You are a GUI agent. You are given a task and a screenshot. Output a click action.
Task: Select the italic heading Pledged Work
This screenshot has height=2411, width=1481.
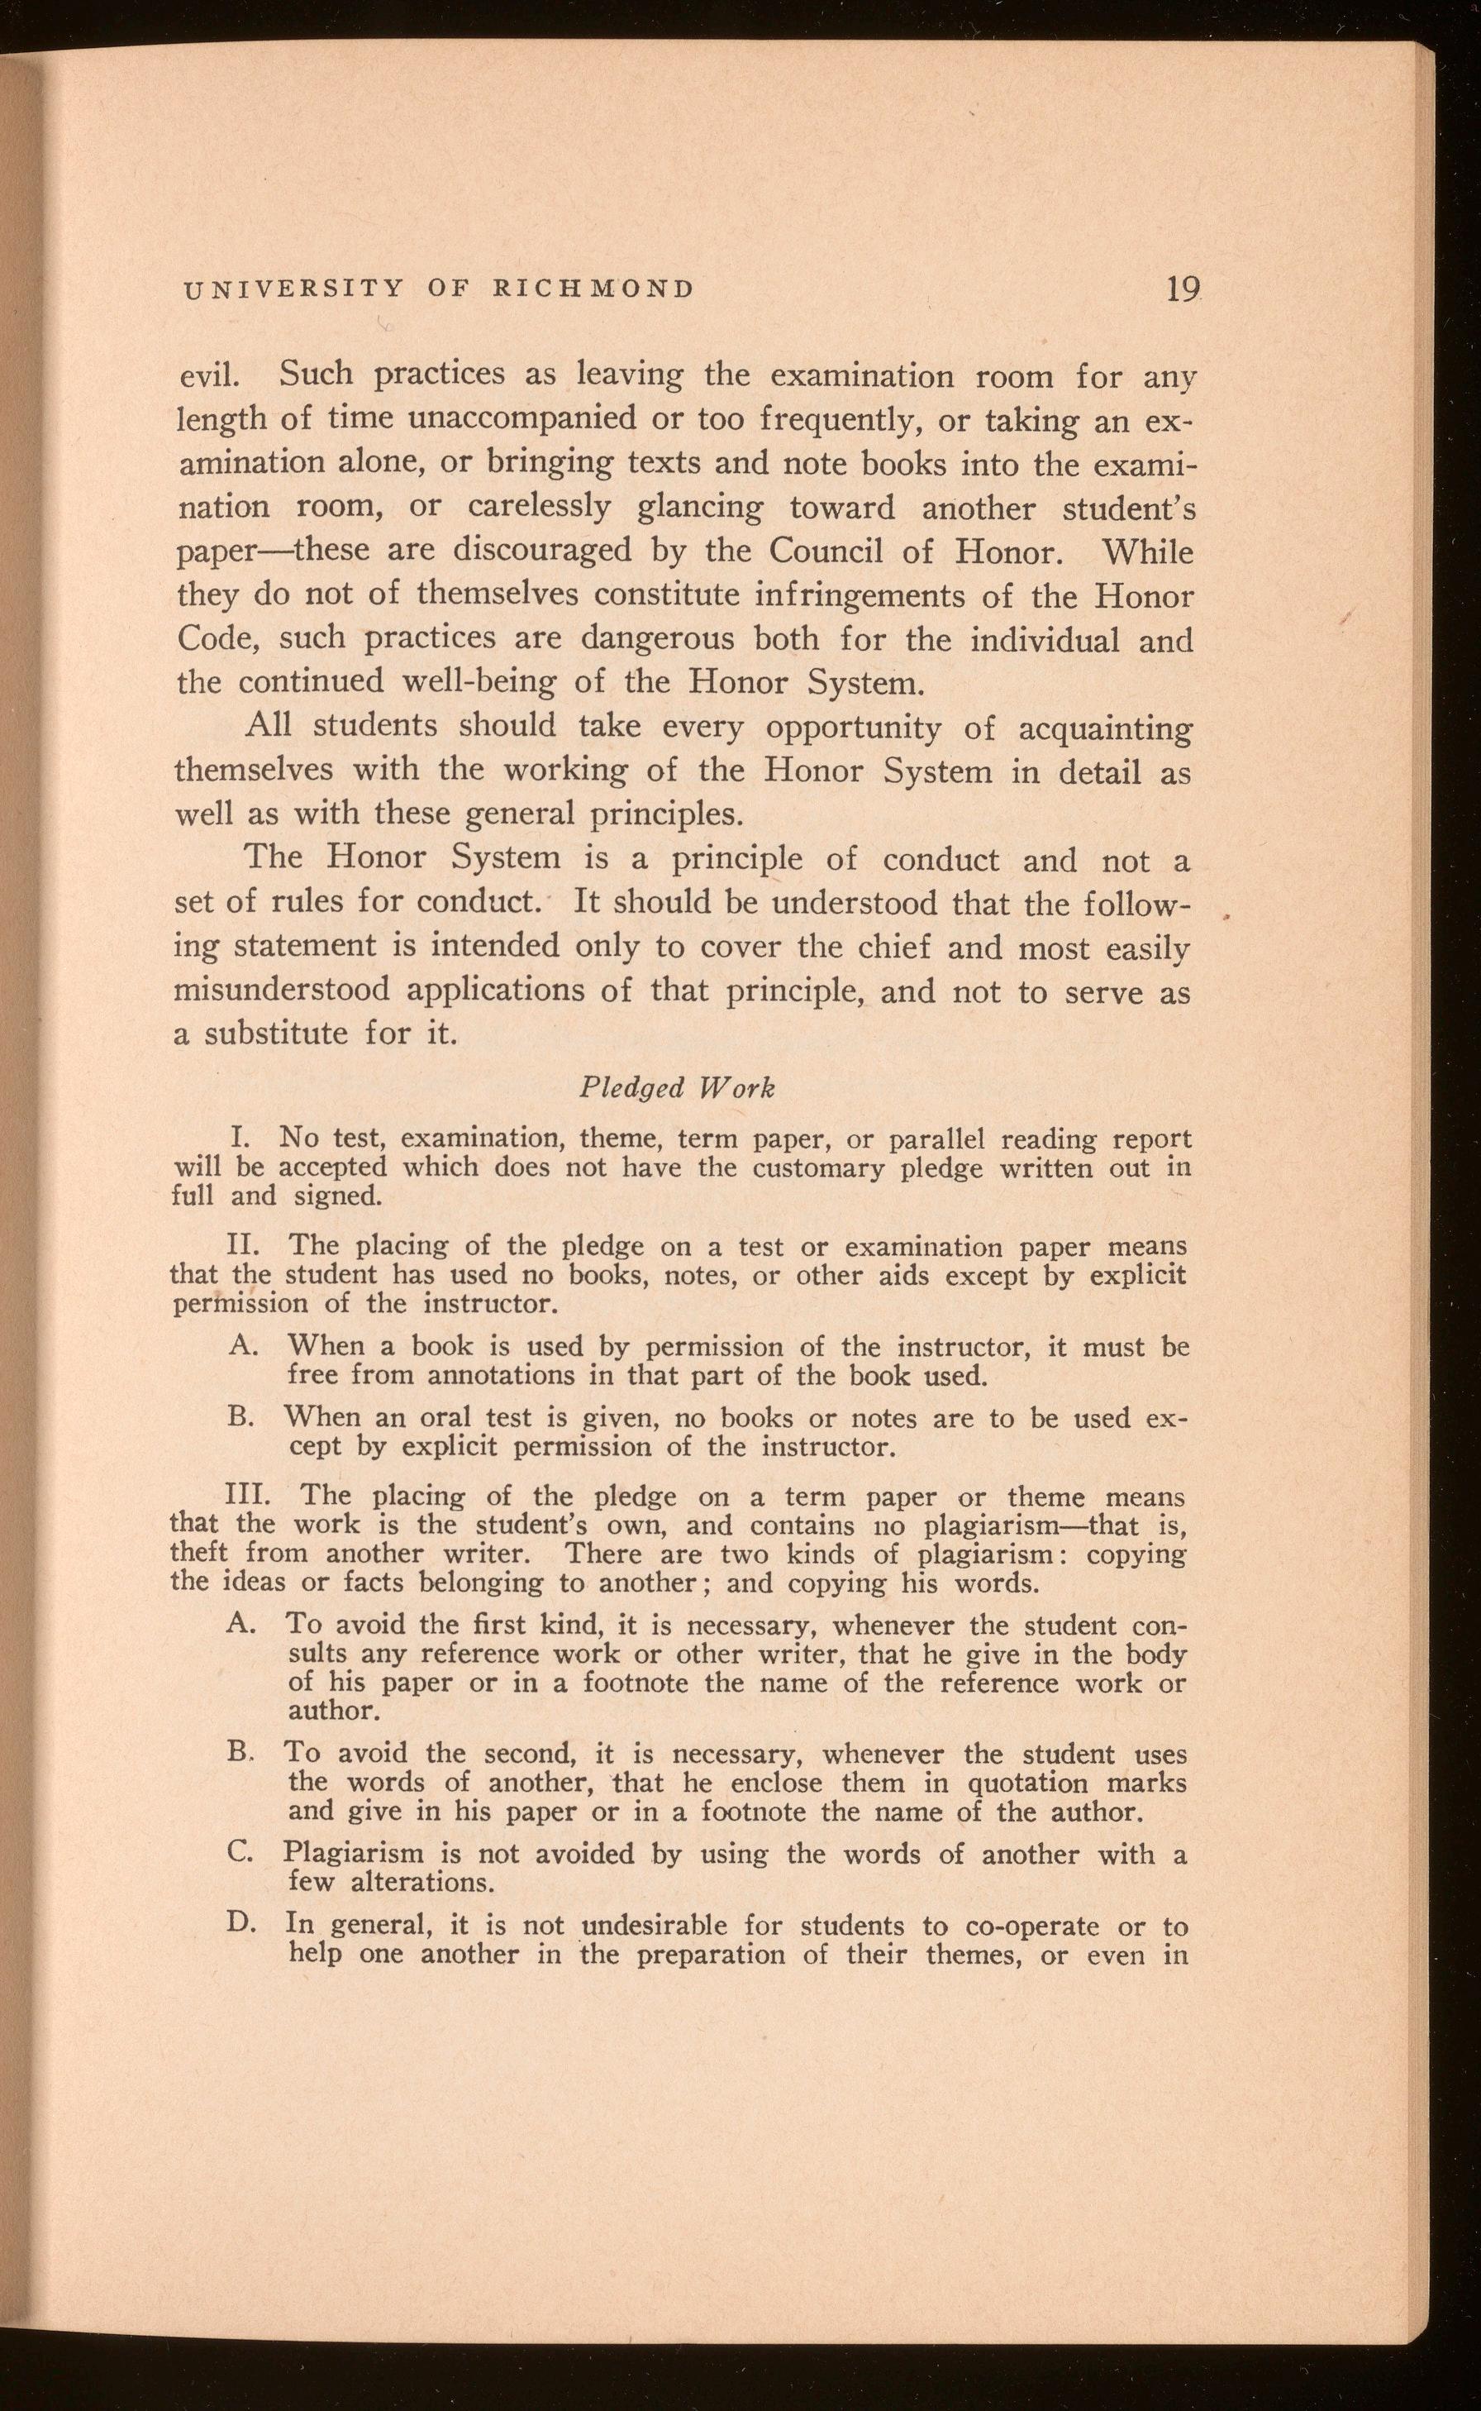(x=676, y=1087)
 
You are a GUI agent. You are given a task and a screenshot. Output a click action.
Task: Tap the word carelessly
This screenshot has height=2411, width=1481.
(x=540, y=508)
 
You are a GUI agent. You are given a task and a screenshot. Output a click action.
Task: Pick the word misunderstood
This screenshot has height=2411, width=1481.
(x=279, y=991)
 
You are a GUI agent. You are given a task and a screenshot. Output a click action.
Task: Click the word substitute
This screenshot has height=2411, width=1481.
(x=275, y=1034)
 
